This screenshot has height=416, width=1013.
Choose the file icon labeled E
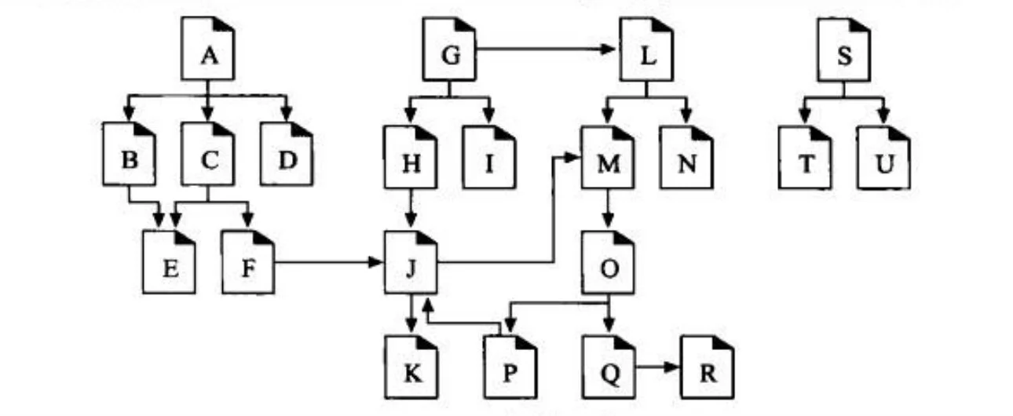169,267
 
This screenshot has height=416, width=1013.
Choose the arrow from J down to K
411,313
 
